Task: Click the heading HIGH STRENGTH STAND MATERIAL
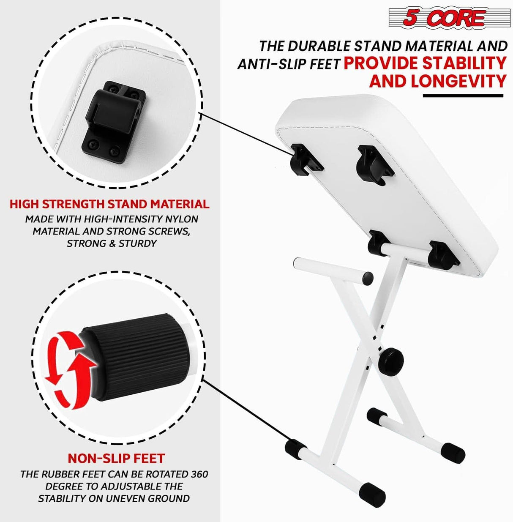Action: (109, 204)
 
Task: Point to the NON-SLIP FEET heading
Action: (116, 458)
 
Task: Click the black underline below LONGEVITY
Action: (463, 96)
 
